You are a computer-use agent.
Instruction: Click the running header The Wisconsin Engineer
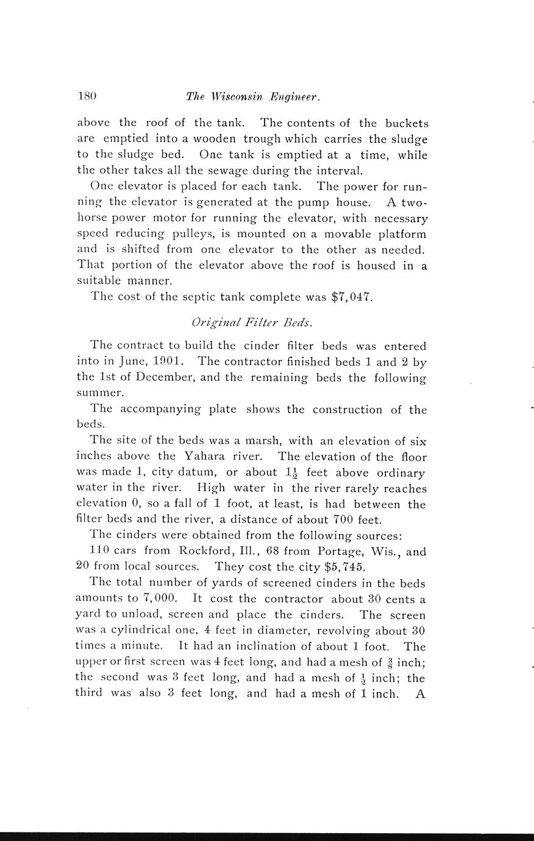pyautogui.click(x=252, y=96)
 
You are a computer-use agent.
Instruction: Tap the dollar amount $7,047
pyautogui.click(x=352, y=297)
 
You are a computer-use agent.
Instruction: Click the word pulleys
pyautogui.click(x=193, y=234)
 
